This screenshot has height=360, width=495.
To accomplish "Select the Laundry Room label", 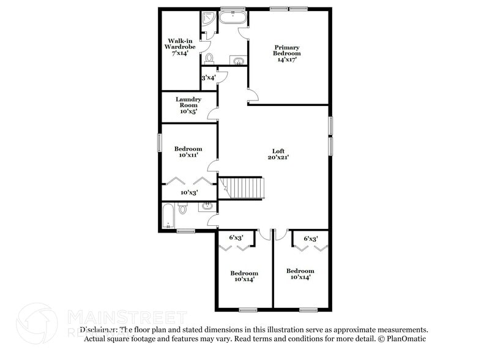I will click(x=188, y=105).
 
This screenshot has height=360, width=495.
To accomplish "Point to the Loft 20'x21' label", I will click(x=278, y=154).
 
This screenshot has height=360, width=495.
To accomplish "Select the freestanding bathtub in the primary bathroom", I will click(x=233, y=17).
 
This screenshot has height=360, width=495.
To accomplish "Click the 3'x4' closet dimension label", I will click(x=209, y=78).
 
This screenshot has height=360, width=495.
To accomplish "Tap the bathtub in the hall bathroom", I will click(x=168, y=216).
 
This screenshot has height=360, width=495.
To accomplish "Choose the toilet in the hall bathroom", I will click(x=182, y=209).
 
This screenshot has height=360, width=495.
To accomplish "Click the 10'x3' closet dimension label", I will click(x=188, y=192).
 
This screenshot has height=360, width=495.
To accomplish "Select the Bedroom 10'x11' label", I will click(x=188, y=152).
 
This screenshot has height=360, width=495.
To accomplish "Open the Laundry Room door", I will click(x=213, y=114).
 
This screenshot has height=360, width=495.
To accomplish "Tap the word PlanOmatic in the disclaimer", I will click(x=403, y=339).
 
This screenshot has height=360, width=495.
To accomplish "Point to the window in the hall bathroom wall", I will click(x=185, y=231).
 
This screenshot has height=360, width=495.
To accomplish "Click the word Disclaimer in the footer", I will click(x=97, y=329).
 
